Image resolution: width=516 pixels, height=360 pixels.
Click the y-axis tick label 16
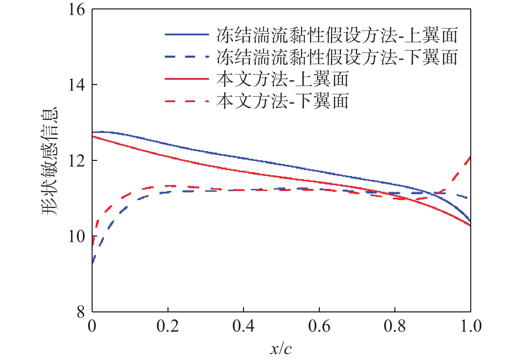point(77,9)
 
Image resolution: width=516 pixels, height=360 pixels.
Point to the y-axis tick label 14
point(77,85)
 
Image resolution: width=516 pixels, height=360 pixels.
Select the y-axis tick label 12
point(77,161)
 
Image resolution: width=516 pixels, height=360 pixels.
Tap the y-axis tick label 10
point(77,237)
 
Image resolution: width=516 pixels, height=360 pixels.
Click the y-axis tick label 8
point(81,312)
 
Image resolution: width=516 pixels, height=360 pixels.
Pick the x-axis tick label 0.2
point(168,326)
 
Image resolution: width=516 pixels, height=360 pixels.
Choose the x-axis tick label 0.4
point(243,326)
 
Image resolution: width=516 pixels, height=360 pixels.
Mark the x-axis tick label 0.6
point(319,326)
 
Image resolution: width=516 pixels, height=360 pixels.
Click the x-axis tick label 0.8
point(395,326)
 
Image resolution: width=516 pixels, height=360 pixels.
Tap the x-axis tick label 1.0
point(471,326)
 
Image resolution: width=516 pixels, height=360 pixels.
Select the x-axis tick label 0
point(92,326)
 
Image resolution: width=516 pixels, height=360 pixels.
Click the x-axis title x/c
point(281,348)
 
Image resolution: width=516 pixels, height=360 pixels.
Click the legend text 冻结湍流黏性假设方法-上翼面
point(337,35)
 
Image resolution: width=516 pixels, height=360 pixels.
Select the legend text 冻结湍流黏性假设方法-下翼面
point(337,57)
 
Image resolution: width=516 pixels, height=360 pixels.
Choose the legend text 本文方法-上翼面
point(282,79)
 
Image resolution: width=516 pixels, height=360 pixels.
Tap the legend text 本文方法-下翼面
point(282,101)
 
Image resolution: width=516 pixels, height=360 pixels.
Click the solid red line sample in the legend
point(187,79)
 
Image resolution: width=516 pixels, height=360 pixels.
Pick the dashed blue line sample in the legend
point(187,57)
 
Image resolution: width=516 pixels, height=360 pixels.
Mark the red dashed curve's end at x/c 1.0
point(470,157)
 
